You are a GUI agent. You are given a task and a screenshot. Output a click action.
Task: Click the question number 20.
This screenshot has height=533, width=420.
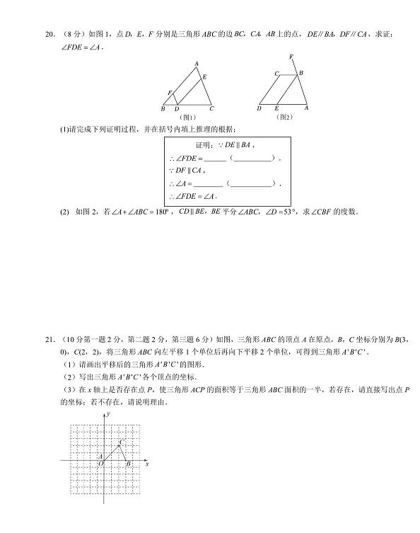pos(47,34)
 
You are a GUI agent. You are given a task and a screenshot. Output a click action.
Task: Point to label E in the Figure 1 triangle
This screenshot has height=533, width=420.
pos(205,76)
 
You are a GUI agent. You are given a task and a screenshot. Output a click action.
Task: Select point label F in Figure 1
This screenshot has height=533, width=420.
pos(169,93)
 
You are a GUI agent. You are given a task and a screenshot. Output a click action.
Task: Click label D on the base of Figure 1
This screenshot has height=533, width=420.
pos(177,109)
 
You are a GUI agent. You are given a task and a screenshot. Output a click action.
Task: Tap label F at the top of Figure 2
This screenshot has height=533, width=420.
pos(291,56)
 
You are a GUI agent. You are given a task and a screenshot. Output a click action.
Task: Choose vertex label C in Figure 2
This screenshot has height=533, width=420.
pos(277,73)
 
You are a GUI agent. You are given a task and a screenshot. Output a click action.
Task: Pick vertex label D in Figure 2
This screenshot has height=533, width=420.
pos(259,108)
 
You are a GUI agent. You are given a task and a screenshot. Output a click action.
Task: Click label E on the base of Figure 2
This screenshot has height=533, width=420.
pos(276,108)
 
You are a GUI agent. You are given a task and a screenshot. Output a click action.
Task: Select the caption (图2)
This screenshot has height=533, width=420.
pos(284,117)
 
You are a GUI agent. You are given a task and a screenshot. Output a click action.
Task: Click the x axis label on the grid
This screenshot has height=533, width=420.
pos(146,464)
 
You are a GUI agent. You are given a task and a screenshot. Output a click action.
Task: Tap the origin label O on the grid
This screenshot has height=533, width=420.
pos(100,464)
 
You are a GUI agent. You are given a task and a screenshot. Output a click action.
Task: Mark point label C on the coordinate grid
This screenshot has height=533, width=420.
pos(121,442)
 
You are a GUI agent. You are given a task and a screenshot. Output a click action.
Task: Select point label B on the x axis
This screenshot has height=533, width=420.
pos(128,464)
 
